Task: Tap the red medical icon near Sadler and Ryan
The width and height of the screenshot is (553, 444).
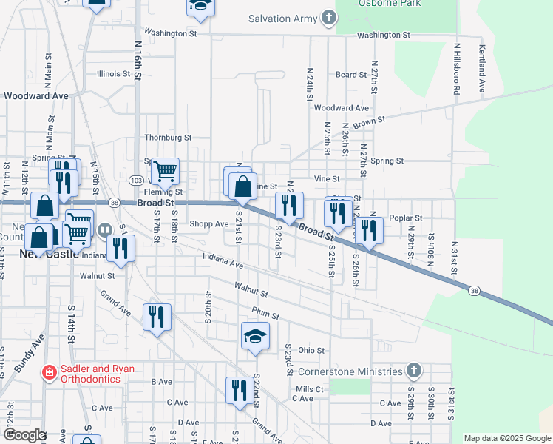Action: [49, 371]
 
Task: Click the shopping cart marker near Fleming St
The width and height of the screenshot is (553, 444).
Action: [166, 172]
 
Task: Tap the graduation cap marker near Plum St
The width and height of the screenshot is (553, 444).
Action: [255, 335]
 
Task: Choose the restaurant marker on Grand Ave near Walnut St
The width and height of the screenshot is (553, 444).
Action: [157, 317]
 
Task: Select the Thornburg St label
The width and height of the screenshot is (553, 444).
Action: [168, 138]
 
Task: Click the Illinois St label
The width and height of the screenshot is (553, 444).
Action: [113, 74]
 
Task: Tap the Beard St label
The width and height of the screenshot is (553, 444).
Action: [351, 75]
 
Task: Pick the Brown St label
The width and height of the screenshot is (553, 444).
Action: [369, 123]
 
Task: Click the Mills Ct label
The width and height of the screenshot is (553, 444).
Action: [310, 389]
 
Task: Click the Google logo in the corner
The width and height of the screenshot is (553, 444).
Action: [24, 435]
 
